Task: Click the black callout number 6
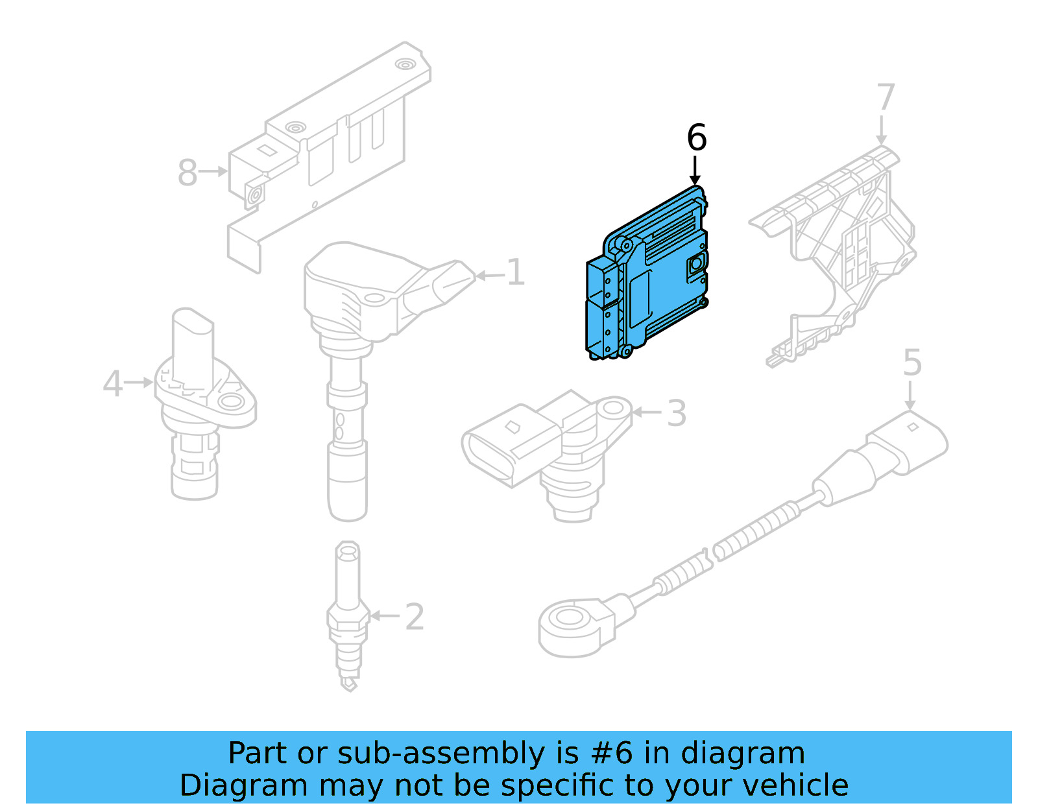coord(696,137)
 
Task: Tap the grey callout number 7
coord(885,97)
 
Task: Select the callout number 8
coord(187,173)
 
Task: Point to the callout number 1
coord(515,272)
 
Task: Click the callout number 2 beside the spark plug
coord(415,617)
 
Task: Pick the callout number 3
coord(676,413)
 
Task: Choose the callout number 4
coord(112,383)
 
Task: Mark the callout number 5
coord(911,363)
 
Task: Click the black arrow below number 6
coord(695,171)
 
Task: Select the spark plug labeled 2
coord(348,616)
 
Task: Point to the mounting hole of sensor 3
coord(612,409)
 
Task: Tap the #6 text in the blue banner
coord(611,754)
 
